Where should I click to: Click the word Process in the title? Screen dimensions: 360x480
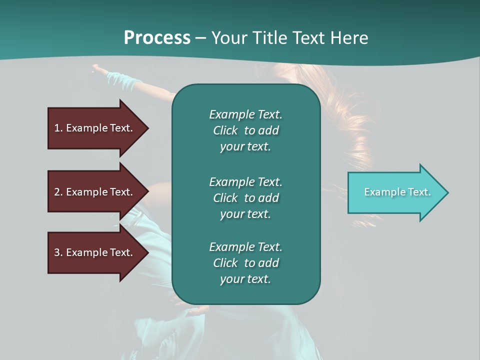157,37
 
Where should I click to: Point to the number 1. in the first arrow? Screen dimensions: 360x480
58,128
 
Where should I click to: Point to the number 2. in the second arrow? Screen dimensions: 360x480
58,192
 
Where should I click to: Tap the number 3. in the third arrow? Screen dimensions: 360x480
58,252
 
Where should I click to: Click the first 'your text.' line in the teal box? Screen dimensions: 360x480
245,147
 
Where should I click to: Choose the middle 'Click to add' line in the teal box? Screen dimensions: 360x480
245,198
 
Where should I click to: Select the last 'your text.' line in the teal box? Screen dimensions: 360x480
245,279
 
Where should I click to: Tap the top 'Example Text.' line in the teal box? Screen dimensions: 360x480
245,114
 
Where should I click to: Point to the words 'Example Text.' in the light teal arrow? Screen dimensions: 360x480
397,192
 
